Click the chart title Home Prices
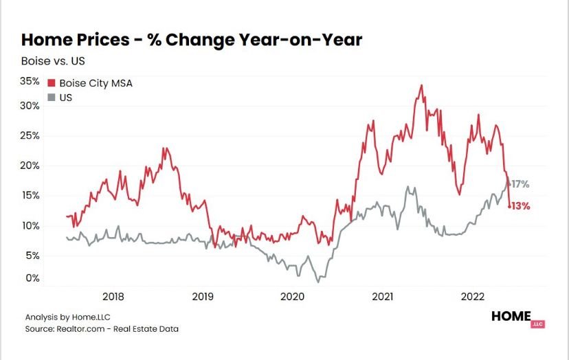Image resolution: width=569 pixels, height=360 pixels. (192, 41)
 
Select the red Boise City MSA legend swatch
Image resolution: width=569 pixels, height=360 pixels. (52, 83)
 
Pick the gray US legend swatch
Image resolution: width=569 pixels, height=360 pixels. (52, 98)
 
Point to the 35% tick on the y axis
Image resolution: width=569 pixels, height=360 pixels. (30, 80)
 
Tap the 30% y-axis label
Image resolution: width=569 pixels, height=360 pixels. (30, 106)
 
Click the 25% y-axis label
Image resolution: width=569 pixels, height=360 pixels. (30, 135)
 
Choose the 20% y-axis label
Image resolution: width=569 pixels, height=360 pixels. (30, 166)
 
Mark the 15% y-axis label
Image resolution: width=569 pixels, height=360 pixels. (30, 195)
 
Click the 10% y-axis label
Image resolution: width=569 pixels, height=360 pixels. (30, 225)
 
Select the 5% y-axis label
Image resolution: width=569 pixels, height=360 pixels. (32, 255)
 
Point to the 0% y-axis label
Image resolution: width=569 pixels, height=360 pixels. (32, 278)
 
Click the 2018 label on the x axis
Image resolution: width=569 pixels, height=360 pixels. (113, 297)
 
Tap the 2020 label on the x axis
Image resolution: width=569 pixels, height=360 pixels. (293, 297)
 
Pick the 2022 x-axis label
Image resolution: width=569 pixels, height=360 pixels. (473, 297)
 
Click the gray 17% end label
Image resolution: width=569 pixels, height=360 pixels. (520, 184)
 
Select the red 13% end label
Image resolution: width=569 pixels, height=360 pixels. (520, 205)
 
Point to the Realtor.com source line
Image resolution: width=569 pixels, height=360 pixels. (102, 329)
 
